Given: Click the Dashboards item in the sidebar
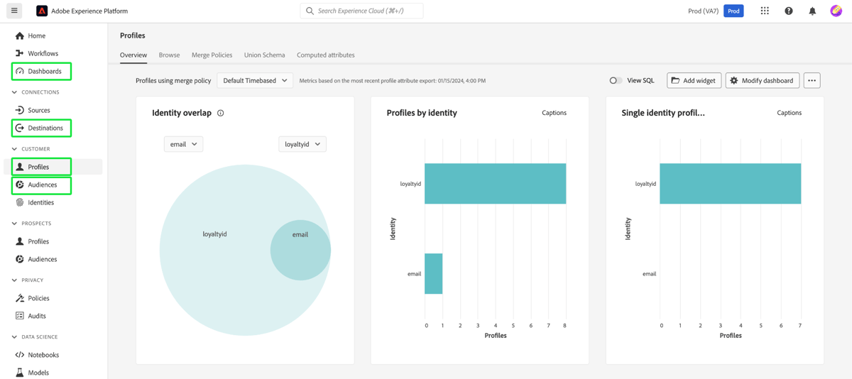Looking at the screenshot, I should (x=44, y=71).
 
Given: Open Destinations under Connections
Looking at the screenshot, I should (x=45, y=128).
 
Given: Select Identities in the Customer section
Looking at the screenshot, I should (x=40, y=202).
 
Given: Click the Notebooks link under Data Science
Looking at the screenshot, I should (x=43, y=355).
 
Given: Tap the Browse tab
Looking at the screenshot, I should (x=169, y=55).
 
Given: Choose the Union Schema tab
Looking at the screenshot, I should (x=264, y=55).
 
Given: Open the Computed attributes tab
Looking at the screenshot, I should (x=325, y=55).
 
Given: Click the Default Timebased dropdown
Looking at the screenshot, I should (x=255, y=81).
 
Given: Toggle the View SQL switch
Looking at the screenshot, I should (x=616, y=81).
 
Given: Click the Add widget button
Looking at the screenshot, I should (x=694, y=81).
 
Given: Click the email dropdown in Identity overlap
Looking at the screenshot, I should (x=183, y=144).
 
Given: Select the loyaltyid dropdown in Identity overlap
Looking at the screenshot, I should (x=302, y=144).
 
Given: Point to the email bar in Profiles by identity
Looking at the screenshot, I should (x=433, y=273).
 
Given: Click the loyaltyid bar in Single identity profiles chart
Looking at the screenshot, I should (x=730, y=184).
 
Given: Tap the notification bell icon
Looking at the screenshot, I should (x=812, y=11).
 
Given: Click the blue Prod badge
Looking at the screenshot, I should (x=733, y=11).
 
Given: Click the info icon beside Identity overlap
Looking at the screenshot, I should (x=221, y=113).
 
